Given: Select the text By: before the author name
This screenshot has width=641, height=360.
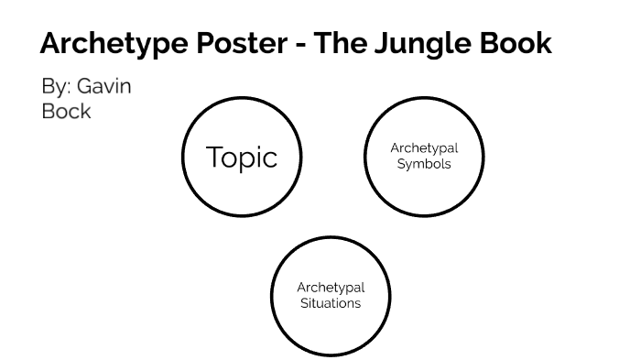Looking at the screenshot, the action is (56, 87).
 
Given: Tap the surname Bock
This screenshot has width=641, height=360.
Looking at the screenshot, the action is (67, 111).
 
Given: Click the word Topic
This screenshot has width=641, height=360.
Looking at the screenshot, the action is (242, 158).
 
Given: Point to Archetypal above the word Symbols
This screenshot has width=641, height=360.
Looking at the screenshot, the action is (424, 148).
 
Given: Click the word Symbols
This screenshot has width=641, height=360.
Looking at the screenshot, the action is (424, 164).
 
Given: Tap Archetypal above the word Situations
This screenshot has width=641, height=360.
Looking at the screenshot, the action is (331, 288).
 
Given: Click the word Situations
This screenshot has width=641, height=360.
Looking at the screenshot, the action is (331, 303).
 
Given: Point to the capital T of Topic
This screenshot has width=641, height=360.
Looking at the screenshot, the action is (214, 157).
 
